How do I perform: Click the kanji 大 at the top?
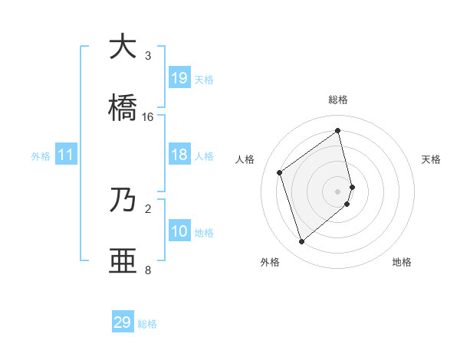click(122, 47)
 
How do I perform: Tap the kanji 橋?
click(122, 108)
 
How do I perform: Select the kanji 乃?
click(122, 200)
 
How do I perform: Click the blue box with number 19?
click(179, 78)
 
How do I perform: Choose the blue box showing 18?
click(179, 155)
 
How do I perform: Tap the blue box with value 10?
click(179, 231)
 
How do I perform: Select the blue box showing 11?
click(66, 155)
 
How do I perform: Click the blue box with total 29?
click(123, 322)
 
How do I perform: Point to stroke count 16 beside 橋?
click(148, 117)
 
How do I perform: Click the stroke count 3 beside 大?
click(148, 56)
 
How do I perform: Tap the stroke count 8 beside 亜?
click(148, 270)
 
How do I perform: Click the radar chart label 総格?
click(338, 100)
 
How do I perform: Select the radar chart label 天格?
click(431, 159)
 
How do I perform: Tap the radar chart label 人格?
click(245, 159)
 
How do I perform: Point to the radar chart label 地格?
click(402, 262)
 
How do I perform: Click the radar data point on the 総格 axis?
click(338, 130)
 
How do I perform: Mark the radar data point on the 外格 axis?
click(301, 242)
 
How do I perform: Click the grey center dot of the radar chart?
click(338, 190)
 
